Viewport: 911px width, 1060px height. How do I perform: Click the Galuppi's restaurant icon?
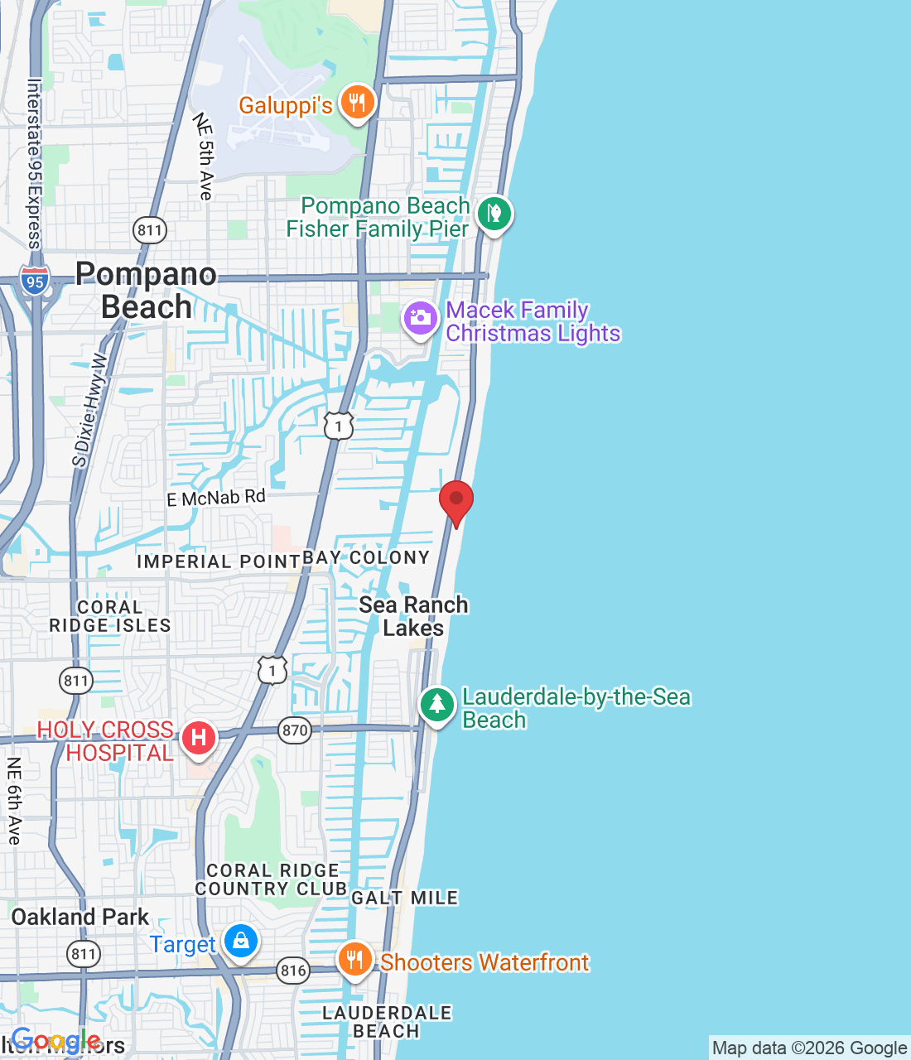tap(357, 104)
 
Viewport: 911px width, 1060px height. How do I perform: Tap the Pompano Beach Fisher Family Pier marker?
tap(494, 214)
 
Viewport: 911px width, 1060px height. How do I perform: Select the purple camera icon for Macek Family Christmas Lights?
tap(420, 318)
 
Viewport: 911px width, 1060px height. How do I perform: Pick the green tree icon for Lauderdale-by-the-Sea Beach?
tap(436, 706)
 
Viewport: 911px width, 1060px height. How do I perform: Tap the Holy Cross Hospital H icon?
tap(199, 737)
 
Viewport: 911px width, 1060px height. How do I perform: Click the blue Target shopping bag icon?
tap(241, 942)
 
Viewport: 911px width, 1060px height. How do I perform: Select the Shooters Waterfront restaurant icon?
tap(354, 960)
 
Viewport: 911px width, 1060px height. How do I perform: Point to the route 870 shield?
tap(295, 730)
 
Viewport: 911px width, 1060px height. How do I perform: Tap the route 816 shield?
tap(293, 971)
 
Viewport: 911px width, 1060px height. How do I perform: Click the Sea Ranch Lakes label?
tap(413, 616)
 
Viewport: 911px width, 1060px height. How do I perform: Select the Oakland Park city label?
tap(80, 918)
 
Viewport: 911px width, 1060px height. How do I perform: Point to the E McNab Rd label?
tap(216, 498)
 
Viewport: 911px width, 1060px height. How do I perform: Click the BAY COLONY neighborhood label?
tap(366, 558)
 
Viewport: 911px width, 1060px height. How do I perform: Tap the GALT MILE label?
tap(404, 898)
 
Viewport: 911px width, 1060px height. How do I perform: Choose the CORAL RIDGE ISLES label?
tap(110, 616)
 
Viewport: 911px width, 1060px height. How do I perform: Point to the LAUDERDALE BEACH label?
tap(387, 1022)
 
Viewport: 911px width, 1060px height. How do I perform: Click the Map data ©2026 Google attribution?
tap(809, 1048)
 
